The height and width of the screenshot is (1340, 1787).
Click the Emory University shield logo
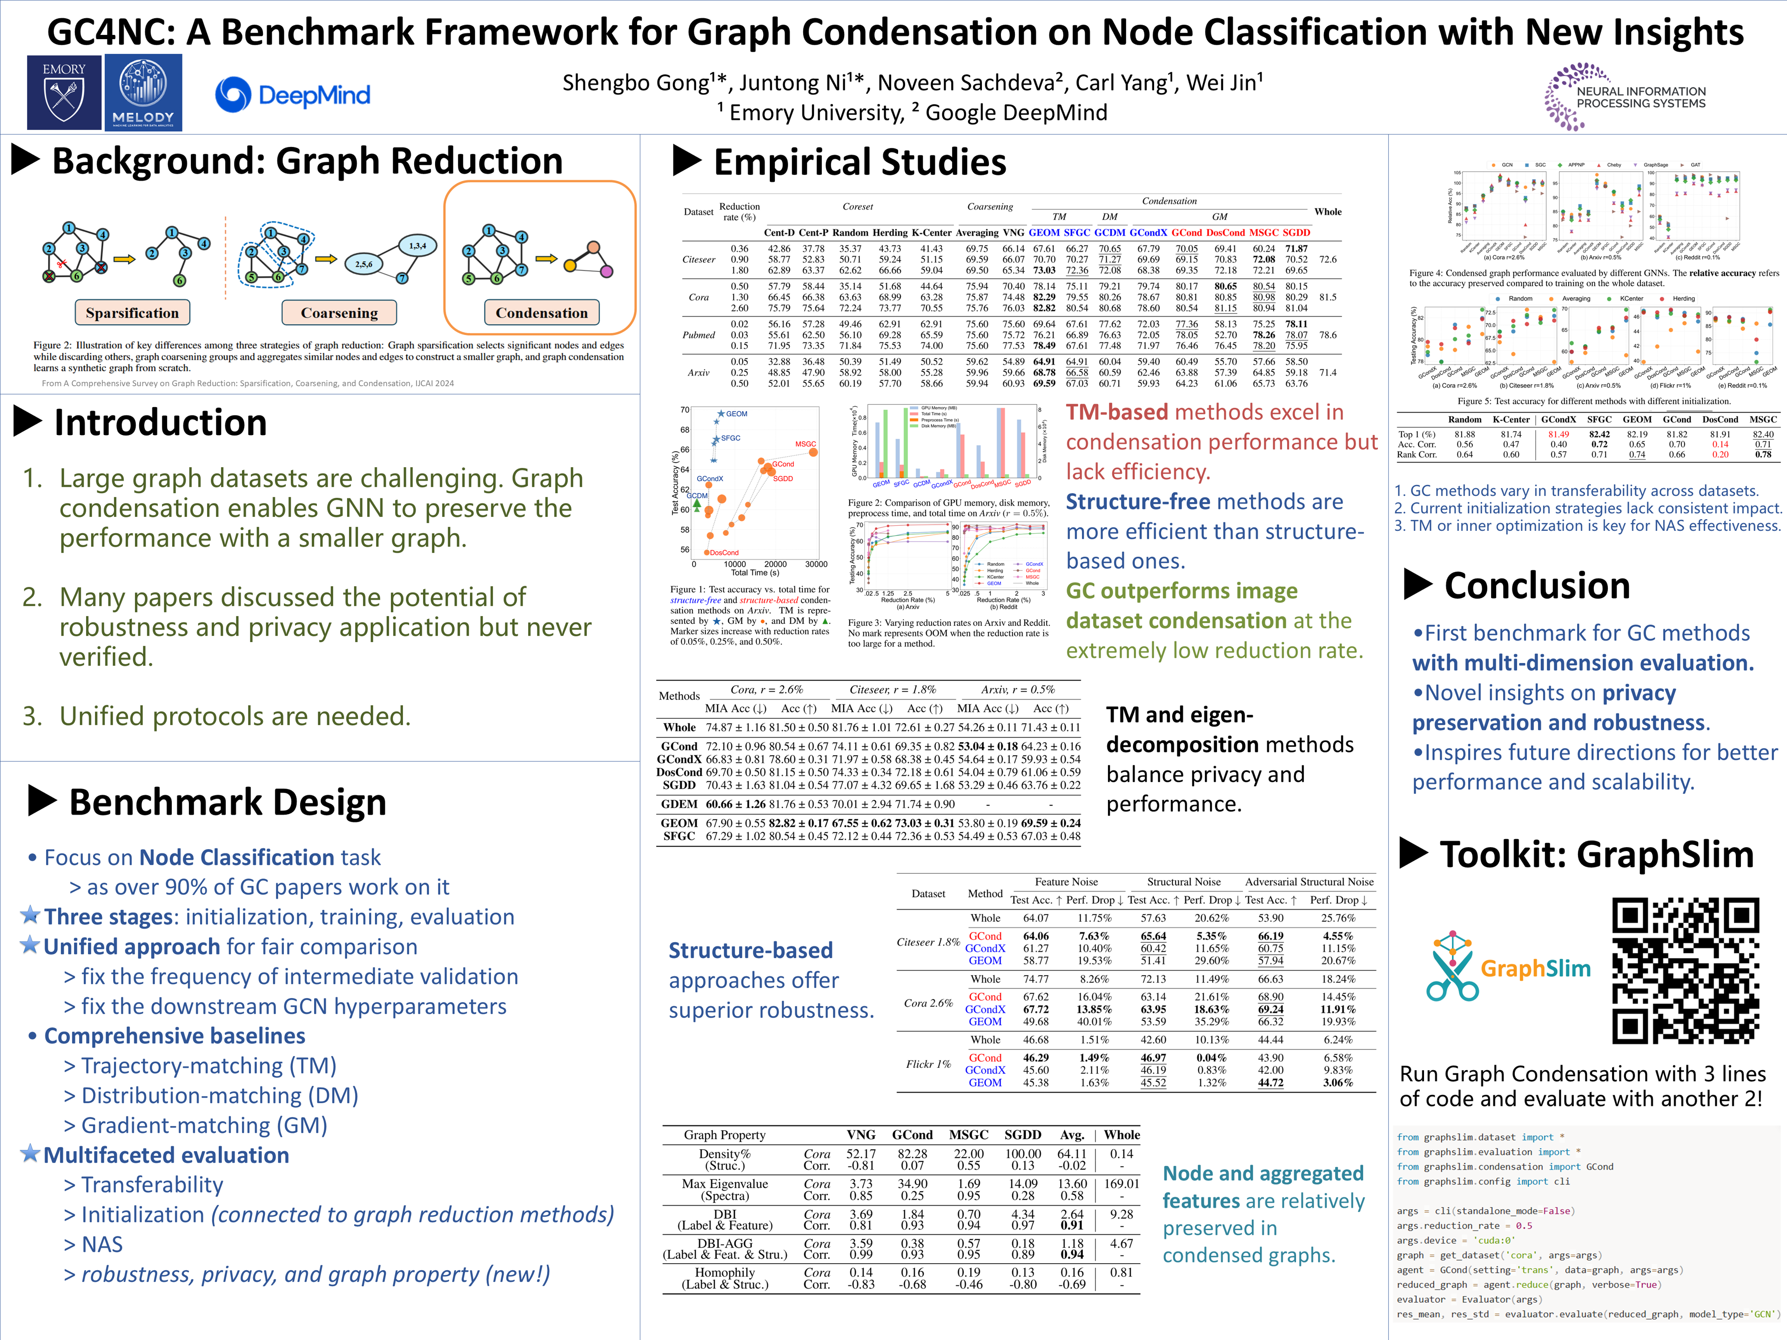pos(64,92)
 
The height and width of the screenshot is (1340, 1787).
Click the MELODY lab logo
pos(143,92)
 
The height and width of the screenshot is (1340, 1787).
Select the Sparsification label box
pos(133,313)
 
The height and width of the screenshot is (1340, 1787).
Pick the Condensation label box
pos(541,313)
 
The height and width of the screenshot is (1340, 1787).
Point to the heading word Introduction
pos(160,422)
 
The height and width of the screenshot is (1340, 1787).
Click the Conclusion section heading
pos(1537,586)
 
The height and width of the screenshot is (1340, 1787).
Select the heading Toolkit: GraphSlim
pos(1596,855)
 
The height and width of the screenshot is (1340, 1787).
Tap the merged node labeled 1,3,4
pos(418,246)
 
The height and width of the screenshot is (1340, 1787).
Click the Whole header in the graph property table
pos(1122,1135)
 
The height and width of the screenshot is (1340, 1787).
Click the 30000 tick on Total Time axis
pos(816,564)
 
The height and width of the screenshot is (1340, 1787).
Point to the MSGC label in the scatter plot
pos(806,444)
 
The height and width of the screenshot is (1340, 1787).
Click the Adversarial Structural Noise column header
pos(1309,882)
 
